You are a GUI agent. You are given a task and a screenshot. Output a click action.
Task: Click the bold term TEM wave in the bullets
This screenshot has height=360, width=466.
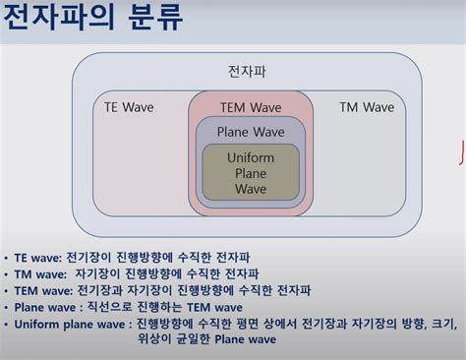pyautogui.click(x=44, y=291)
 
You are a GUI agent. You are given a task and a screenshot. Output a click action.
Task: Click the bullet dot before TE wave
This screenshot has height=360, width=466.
pyautogui.click(x=7, y=258)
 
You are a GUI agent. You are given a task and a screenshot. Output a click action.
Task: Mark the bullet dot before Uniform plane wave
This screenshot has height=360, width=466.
pyautogui.click(x=7, y=324)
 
